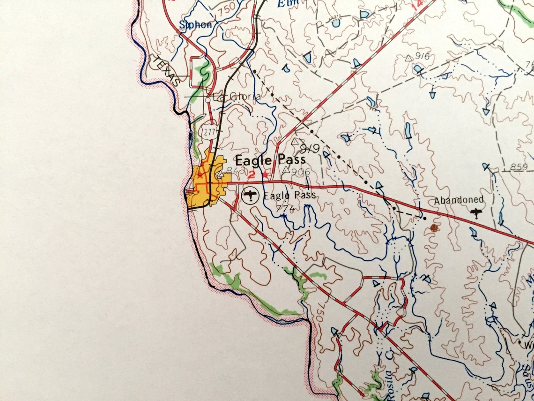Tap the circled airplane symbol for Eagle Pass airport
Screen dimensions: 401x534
click(251, 194)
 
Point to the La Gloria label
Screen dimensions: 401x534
click(237, 97)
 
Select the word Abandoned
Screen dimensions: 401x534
click(459, 200)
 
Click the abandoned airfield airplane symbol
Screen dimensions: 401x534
click(477, 214)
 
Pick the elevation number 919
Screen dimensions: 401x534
click(310, 149)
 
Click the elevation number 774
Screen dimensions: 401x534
click(285, 208)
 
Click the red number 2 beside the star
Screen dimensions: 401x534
click(251, 175)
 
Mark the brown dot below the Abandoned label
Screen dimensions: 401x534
click(434, 227)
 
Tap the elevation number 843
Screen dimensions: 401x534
click(234, 171)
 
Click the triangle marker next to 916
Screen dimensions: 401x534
click(408, 58)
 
